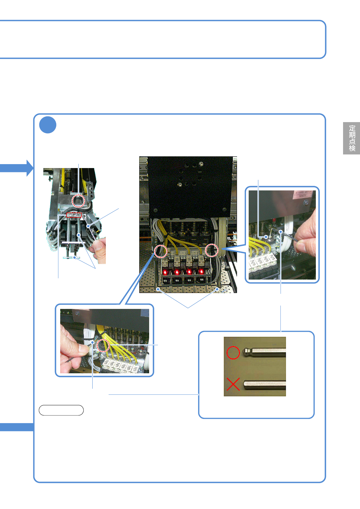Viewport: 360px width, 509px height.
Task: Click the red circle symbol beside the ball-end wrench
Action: click(233, 352)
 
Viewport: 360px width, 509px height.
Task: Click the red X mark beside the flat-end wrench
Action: click(233, 384)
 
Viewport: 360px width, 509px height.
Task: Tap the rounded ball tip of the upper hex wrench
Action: click(247, 352)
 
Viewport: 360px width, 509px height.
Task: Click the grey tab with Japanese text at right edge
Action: click(352, 138)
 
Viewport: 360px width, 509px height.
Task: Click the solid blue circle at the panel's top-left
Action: click(48, 125)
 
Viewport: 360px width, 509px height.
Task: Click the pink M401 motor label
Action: click(303, 194)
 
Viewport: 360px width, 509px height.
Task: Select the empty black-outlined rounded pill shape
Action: click(61, 410)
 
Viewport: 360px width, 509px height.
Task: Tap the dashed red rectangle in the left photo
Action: click(74, 215)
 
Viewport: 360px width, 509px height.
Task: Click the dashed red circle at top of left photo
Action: click(78, 201)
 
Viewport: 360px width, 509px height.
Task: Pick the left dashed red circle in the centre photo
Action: click(161, 251)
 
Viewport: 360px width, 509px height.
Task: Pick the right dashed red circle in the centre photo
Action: click(212, 250)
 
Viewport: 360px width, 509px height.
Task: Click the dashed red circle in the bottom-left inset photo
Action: click(103, 345)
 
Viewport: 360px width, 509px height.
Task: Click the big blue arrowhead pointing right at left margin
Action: click(30, 168)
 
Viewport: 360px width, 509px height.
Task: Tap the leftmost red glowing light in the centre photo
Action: click(165, 272)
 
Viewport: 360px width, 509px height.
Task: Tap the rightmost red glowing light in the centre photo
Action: click(201, 271)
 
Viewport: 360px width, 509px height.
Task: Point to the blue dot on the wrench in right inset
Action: click(281, 232)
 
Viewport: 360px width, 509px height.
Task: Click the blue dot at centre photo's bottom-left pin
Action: click(158, 289)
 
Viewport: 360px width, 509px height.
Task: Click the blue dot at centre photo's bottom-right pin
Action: click(217, 289)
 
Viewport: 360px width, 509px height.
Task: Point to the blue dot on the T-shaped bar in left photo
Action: click(74, 258)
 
